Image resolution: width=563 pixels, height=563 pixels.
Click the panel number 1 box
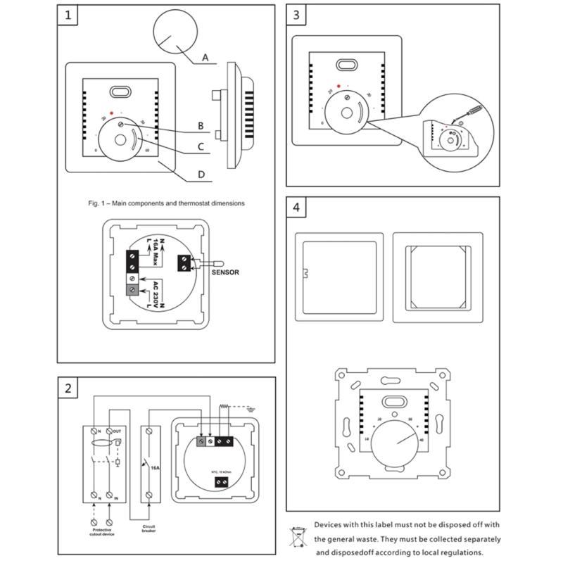coord(68,15)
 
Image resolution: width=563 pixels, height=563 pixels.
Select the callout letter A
coord(205,58)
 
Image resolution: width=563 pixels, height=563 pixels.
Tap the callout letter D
coord(201,175)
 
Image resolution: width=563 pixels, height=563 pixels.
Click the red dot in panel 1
coord(111,113)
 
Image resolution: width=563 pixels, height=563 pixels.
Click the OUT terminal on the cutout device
coord(117,430)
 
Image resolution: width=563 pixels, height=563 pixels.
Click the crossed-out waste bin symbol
coord(299,538)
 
